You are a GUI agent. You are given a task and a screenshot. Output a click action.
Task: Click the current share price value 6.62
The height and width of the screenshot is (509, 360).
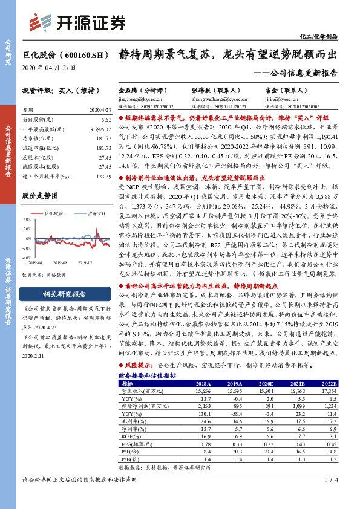106,120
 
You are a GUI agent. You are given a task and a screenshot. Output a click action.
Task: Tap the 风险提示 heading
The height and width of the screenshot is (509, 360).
139,366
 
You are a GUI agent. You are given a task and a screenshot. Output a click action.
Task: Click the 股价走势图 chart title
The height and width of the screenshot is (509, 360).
40,196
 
